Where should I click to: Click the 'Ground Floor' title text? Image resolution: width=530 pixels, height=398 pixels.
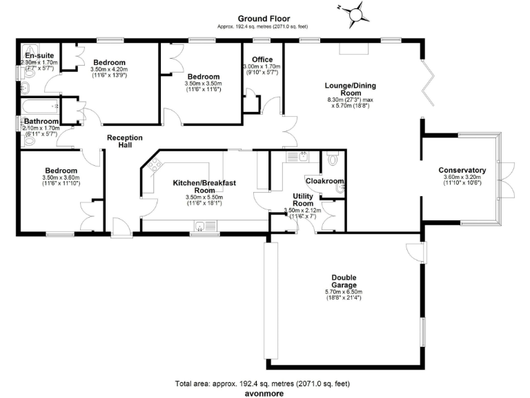pos(264,18)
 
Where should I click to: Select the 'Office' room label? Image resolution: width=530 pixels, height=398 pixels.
pos(262,59)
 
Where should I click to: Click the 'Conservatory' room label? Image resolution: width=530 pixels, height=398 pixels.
pos(462,170)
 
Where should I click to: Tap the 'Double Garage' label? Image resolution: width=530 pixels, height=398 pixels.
pos(343,281)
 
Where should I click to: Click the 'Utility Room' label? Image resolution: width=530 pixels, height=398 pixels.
pos(303,200)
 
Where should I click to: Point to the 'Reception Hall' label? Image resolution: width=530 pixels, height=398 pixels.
pos(125,142)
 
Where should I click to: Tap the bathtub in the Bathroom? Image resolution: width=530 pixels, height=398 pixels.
pos(40,107)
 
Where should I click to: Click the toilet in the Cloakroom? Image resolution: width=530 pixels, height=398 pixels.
pos(333,160)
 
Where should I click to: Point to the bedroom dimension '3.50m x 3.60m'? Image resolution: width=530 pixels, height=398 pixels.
pos(61,177)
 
